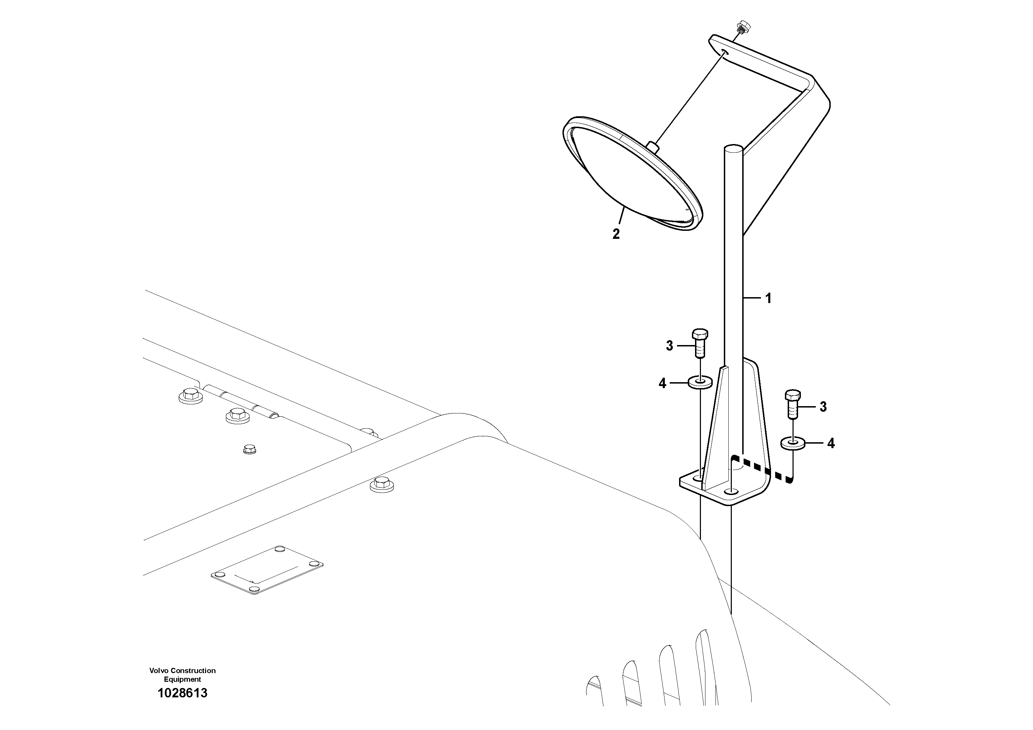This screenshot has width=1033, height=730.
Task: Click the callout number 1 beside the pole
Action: click(769, 299)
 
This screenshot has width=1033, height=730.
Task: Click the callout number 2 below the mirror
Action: click(616, 234)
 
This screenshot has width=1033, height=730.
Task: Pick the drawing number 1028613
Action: click(182, 693)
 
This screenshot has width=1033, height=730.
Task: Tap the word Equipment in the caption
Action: click(182, 679)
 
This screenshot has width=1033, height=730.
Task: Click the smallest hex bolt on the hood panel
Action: click(249, 449)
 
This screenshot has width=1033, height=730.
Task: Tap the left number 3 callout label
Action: click(669, 346)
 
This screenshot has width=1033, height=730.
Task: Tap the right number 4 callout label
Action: click(831, 444)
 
